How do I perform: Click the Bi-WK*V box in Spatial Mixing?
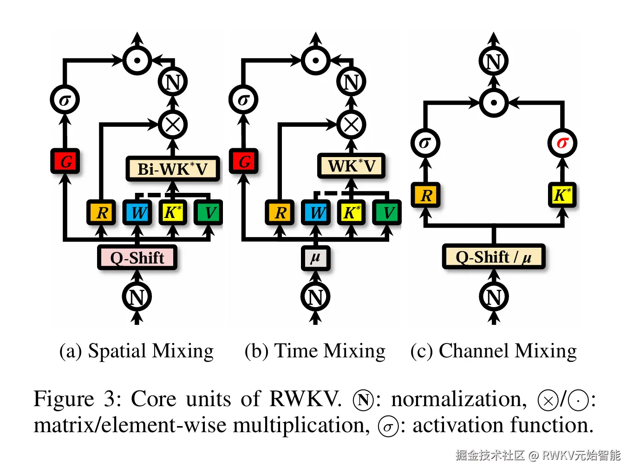(172, 169)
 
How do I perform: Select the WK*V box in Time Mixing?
(351, 165)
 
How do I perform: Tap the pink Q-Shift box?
(137, 257)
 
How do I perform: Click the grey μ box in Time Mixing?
(315, 257)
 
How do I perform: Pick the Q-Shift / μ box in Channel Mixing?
(493, 257)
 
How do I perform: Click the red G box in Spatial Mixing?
(65, 161)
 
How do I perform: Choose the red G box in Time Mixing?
(244, 161)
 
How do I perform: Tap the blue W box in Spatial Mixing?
(137, 212)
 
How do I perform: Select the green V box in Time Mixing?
(387, 212)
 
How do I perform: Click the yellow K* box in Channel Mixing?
(562, 195)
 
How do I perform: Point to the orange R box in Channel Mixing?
(425, 195)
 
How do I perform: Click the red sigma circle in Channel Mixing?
(562, 143)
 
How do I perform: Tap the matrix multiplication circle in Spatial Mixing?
(173, 125)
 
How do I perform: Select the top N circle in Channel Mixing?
(494, 61)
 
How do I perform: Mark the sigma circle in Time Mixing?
(243, 99)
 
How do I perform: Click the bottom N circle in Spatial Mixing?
(137, 296)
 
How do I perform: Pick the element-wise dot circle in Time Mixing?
(316, 60)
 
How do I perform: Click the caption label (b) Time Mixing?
(315, 351)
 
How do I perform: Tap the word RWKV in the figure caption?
(305, 399)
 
